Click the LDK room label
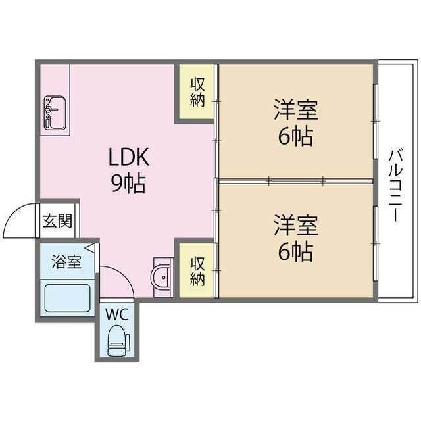click(129, 157)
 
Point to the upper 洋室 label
click(296, 110)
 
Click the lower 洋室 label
click(296, 225)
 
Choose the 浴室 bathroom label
click(66, 261)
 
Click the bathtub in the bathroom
click(66, 298)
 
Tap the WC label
click(116, 314)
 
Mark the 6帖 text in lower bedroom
click(295, 252)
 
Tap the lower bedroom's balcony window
click(375, 243)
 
